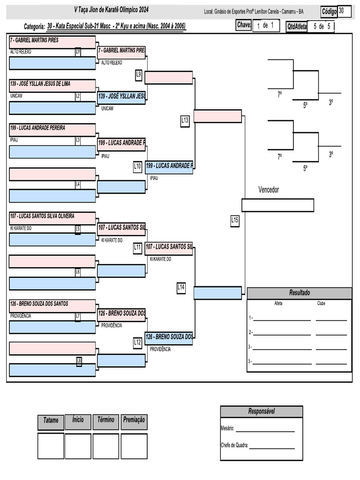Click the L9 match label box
pos(139,74)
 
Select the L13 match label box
pos(185,120)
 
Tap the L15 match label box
pos(235,220)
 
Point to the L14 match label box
pos(181,287)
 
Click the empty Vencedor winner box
pos(277,205)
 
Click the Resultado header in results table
pos(299,293)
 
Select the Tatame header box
pos(51,420)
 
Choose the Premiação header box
pos(134,420)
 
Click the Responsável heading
pos(261,412)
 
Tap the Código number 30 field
pos(344,11)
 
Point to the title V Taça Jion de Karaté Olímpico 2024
pos(111,10)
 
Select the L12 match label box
pos(137,343)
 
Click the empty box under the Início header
pos(78,446)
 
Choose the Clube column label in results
pos(321,304)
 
